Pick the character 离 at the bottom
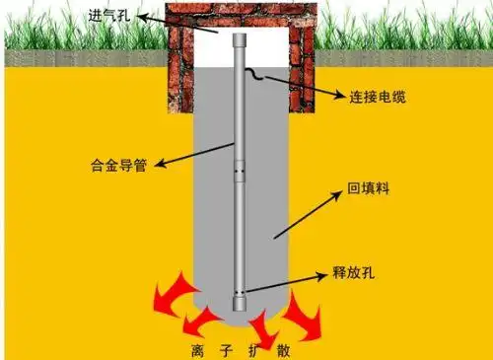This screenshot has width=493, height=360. pyautogui.click(x=203, y=348)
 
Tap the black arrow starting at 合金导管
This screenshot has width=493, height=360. pyautogui.click(x=186, y=153)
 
